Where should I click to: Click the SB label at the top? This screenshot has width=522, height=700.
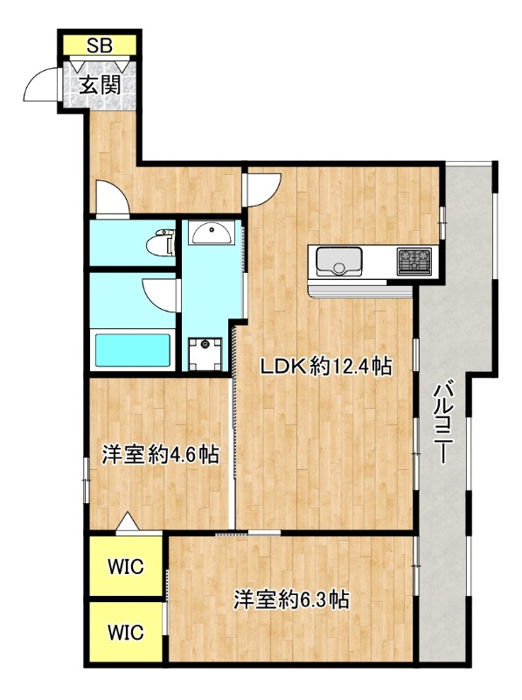pos(98,46)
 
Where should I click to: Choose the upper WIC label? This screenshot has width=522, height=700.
pos(123,566)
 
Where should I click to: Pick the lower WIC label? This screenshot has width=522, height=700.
pos(123,630)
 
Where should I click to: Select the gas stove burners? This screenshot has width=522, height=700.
pos(414,261)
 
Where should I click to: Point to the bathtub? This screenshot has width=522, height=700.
pos(134,350)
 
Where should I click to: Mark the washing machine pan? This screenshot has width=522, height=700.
pos(207,353)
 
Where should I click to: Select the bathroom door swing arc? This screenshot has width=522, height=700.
pos(163,291)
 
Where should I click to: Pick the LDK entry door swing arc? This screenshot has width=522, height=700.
pos(263,186)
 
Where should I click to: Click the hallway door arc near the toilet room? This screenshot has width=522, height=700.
pos(110,197)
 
